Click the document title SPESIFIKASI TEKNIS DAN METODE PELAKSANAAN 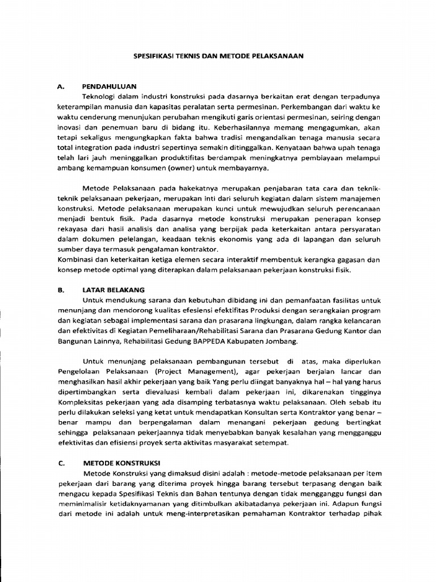click(219, 56)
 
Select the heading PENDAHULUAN click(110, 86)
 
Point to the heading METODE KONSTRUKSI click(121, 463)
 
